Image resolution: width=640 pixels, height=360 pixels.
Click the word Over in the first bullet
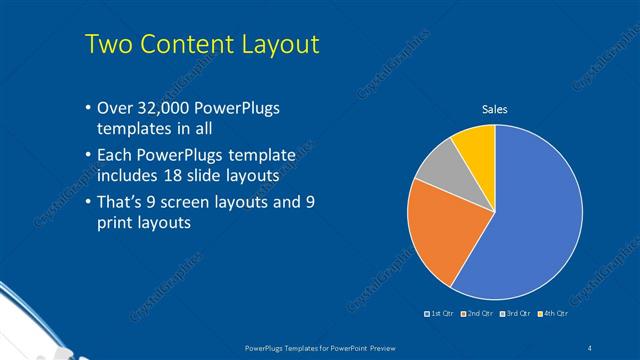point(115,109)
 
